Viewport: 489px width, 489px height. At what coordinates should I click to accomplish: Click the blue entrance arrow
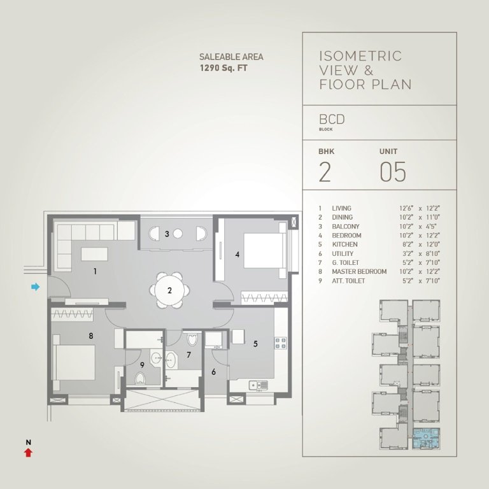[x=36, y=287]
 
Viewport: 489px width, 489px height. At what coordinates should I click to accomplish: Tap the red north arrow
[x=27, y=452]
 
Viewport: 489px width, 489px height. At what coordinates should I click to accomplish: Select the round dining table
[x=170, y=290]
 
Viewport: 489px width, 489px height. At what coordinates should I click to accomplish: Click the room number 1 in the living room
[x=95, y=271]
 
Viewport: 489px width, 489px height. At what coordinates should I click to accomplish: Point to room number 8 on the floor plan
[x=91, y=336]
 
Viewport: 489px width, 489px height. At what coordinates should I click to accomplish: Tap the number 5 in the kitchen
[x=255, y=344]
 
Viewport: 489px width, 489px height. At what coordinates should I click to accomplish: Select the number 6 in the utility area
[x=213, y=372]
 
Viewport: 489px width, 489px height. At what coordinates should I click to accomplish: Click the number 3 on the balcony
[x=167, y=234]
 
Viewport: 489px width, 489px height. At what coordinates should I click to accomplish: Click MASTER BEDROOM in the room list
[x=359, y=272]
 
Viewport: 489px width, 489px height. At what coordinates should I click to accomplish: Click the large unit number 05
[x=393, y=173]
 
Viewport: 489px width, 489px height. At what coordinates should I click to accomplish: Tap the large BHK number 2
[x=325, y=173]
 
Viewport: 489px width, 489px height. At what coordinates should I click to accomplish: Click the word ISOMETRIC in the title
[x=360, y=56]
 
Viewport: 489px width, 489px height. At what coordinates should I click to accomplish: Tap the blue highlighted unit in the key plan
[x=423, y=440]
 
